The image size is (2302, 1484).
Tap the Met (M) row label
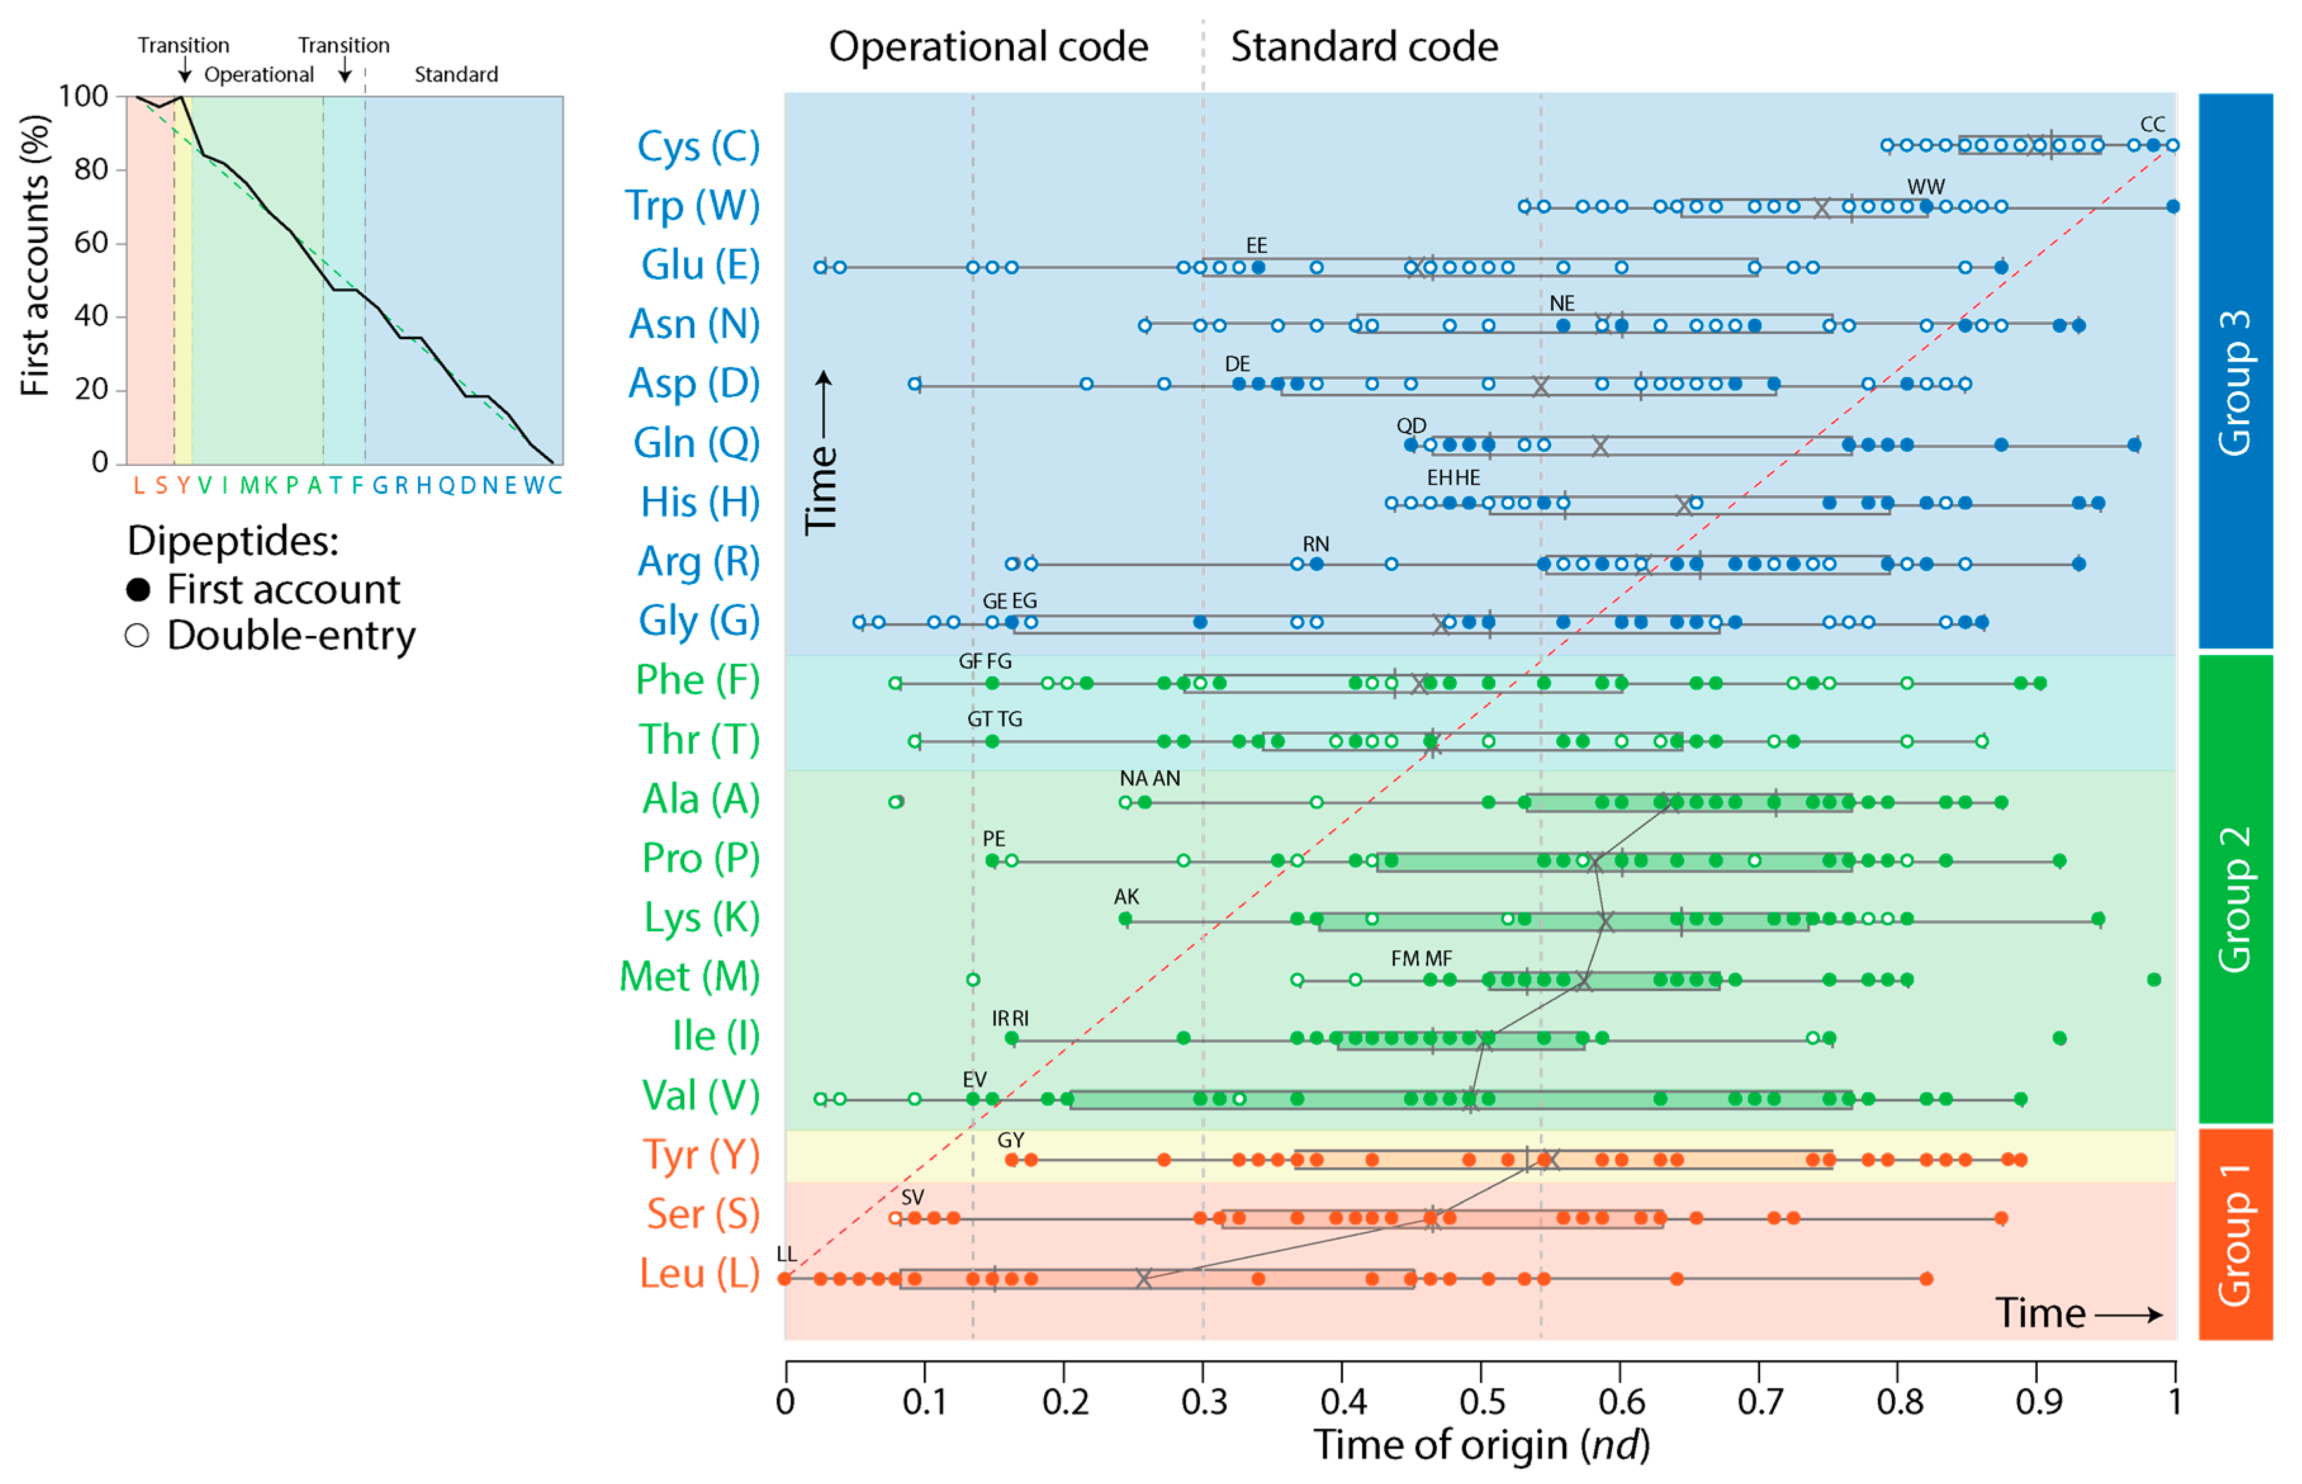pos(689,976)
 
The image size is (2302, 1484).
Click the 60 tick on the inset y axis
pos(93,243)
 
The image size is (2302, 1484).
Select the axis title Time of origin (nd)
pos(1481,1445)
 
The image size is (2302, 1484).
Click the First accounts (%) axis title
pos(35,255)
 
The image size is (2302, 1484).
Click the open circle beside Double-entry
pos(137,636)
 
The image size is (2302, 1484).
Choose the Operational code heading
pos(988,46)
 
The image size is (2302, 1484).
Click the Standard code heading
pos(1364,46)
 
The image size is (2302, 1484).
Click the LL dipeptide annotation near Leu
pos(786,1254)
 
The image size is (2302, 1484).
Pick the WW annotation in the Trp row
pos(1926,186)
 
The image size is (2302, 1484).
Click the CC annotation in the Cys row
pos(2152,124)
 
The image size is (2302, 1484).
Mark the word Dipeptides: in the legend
pos(233,541)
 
